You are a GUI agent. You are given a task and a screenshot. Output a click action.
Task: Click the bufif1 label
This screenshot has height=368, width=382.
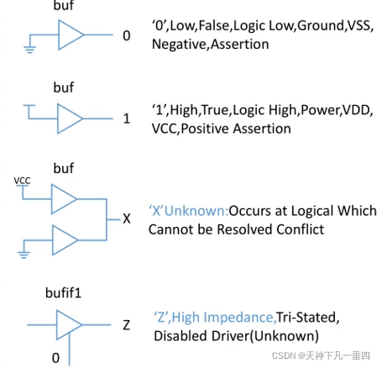[x=63, y=293]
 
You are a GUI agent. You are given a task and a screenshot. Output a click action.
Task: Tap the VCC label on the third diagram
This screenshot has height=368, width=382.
[x=22, y=181]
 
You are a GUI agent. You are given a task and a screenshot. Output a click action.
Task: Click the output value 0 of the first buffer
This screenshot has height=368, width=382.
[x=127, y=35]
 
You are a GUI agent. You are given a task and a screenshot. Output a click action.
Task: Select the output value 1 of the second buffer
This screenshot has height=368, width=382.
[x=127, y=118]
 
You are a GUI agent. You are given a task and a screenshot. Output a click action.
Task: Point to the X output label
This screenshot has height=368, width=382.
[x=127, y=218]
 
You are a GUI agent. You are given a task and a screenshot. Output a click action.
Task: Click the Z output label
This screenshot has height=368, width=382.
[x=127, y=325]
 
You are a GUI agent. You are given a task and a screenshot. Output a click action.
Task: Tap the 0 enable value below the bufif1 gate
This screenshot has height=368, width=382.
[x=55, y=358]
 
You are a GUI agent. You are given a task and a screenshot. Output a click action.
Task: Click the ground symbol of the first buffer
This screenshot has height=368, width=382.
[x=29, y=50]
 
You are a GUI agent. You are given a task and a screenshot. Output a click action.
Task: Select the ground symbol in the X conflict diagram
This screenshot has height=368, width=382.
[x=24, y=255]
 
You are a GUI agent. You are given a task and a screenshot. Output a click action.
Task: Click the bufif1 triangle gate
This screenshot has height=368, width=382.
[x=69, y=325]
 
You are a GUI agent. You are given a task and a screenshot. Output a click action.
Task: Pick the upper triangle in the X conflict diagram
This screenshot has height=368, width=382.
[x=64, y=199]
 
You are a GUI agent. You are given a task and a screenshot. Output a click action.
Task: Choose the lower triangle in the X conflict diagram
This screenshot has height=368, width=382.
[x=65, y=240]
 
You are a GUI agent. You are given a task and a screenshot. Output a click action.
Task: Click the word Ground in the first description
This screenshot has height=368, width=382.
[x=321, y=26]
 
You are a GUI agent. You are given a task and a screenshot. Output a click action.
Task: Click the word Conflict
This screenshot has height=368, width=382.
[x=301, y=229]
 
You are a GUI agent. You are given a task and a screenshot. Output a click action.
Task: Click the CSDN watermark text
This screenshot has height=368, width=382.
[x=321, y=355]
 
